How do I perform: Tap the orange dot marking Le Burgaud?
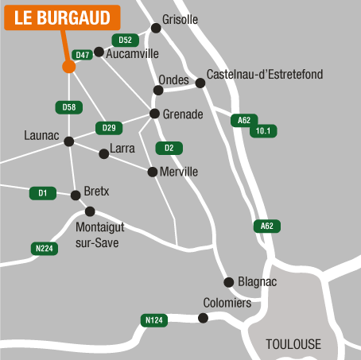pyautogui.click(x=68, y=66)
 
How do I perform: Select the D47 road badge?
pyautogui.click(x=82, y=55)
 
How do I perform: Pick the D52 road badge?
pyautogui.click(x=124, y=40)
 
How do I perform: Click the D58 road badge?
pyautogui.click(x=68, y=106)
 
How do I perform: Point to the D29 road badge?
pyautogui.click(x=109, y=128)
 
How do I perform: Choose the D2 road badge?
pyautogui.click(x=169, y=148)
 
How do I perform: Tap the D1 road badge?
pyautogui.click(x=43, y=192)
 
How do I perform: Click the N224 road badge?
pyautogui.click(x=45, y=249)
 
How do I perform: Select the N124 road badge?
pyautogui.click(x=154, y=320)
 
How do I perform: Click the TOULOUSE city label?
pyautogui.click(x=293, y=344)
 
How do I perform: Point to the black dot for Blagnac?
pyautogui.click(x=229, y=281)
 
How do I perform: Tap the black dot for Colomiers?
pyautogui.click(x=203, y=318)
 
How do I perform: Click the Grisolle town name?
pyautogui.click(x=180, y=19)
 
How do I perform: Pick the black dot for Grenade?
pyautogui.click(x=155, y=114)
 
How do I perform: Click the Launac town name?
pyautogui.click(x=42, y=136)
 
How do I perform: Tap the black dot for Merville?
pyautogui.click(x=153, y=171)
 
